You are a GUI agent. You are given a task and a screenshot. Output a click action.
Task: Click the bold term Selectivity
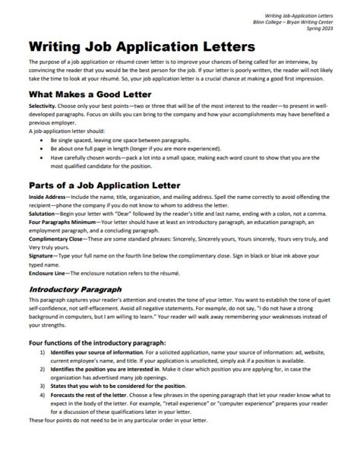click(x=43, y=107)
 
